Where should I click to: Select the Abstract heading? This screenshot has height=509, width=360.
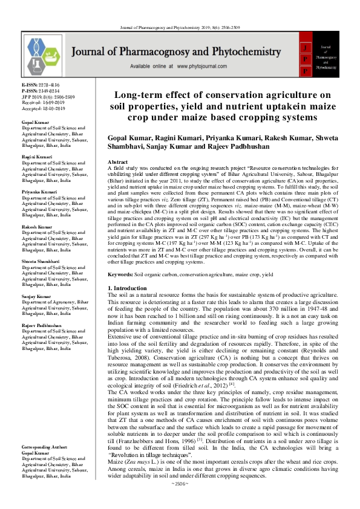pos(117,163)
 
